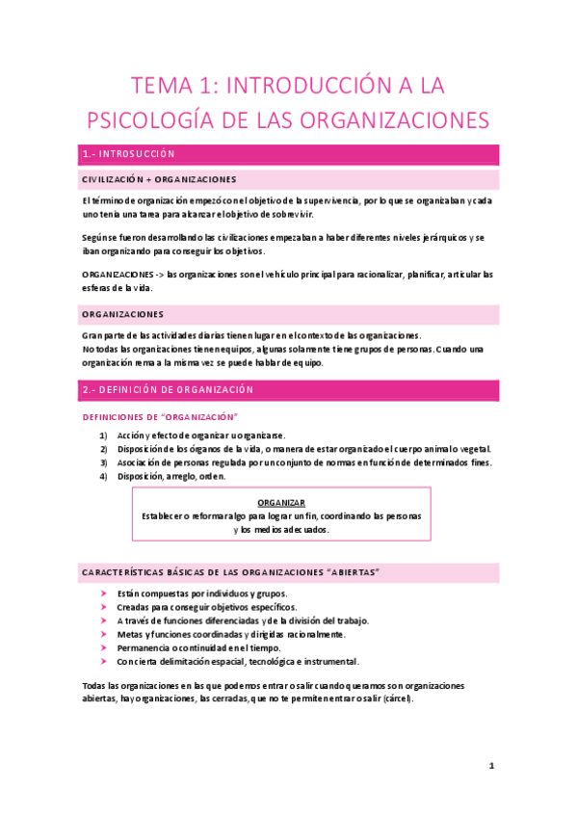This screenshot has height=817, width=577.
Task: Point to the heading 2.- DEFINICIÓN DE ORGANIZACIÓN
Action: [x=169, y=390]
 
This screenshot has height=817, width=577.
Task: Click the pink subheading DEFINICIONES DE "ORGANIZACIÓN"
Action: [x=162, y=416]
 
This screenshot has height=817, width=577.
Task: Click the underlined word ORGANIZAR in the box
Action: [x=282, y=503]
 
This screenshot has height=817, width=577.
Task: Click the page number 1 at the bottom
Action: [x=491, y=767]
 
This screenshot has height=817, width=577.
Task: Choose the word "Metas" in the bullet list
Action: [x=130, y=635]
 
